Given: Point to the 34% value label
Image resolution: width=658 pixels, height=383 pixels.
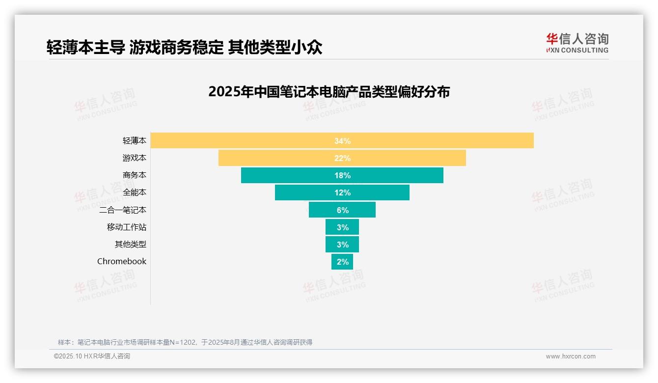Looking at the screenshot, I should coord(342,141).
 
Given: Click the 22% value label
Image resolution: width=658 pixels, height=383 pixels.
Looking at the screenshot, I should coord(342,158).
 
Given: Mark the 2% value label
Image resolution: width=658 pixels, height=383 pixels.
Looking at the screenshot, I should coord(343,262).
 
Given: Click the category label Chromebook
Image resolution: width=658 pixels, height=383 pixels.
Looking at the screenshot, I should coord(122,261).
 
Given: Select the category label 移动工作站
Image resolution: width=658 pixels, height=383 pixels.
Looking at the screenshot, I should coord(127,227).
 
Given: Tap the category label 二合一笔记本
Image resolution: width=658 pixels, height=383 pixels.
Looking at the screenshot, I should coord(123,210).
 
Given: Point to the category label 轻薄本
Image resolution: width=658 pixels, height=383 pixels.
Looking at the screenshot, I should coord(135,140).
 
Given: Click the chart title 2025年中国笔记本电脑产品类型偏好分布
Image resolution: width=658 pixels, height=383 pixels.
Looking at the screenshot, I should coord(329,92).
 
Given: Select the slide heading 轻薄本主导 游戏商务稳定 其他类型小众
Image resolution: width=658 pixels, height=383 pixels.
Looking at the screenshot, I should coord(184,47).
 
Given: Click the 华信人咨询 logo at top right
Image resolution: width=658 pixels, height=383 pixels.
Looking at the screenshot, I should coord(577,43).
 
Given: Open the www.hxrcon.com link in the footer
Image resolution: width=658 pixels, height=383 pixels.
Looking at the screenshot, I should coord(571,356).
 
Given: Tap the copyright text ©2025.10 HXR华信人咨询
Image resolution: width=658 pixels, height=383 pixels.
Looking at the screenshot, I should coord(92,356).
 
